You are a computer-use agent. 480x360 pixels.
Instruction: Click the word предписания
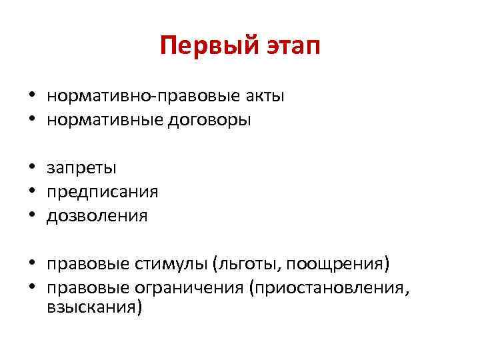tap(103, 192)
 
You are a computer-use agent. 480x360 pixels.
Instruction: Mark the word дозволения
tap(97, 216)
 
